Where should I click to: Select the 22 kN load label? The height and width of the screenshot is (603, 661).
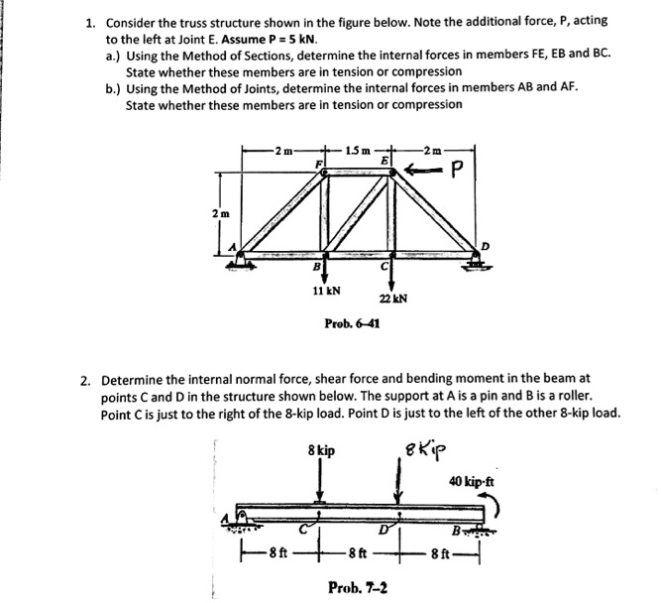394,299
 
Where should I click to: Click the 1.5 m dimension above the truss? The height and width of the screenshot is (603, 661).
360,149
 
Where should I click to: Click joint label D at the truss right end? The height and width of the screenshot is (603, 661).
485,247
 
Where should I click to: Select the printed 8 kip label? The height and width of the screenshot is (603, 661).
319,450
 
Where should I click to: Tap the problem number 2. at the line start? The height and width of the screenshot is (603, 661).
87,378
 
